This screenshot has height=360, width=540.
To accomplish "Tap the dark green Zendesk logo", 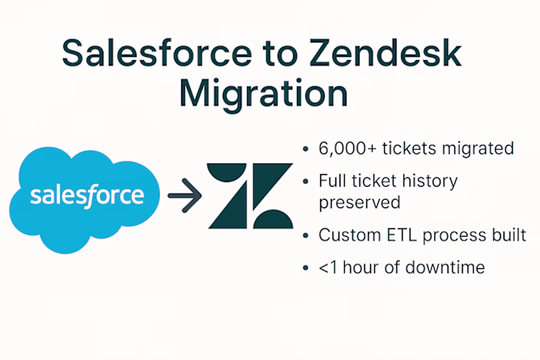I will (250, 196).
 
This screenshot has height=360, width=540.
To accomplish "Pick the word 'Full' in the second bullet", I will (333, 182).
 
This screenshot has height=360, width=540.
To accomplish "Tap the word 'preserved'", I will (359, 203).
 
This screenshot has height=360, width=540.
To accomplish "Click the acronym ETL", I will (400, 235).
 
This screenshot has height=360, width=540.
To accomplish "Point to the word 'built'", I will (508, 235).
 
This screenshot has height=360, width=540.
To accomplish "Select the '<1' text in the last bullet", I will (328, 269).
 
